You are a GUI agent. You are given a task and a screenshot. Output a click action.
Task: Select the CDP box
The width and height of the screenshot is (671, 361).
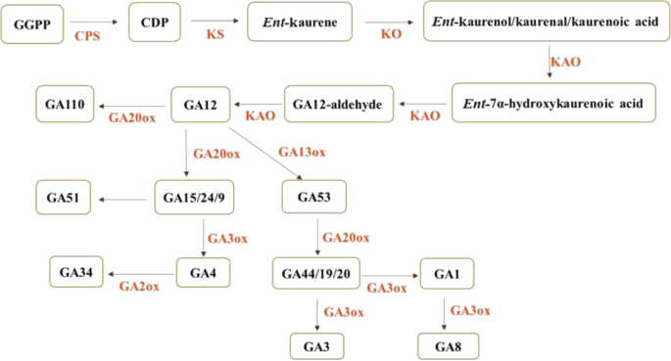(x=156, y=20)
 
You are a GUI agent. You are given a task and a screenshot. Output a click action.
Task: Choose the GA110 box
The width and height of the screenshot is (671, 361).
(x=64, y=101)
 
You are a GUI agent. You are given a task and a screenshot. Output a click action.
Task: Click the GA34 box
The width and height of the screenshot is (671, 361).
(x=77, y=271)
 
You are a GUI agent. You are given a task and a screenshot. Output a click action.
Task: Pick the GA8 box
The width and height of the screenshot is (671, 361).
(x=447, y=344)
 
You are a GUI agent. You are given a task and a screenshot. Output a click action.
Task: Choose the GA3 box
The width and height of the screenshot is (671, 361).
(x=315, y=344)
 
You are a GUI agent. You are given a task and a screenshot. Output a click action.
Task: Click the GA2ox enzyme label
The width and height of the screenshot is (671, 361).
(x=139, y=286)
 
